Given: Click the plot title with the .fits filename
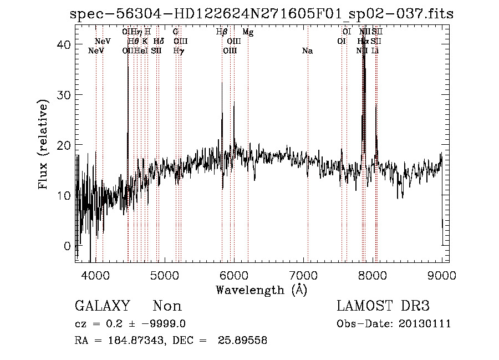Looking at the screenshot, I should [262, 14].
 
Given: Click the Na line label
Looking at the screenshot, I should [307, 51].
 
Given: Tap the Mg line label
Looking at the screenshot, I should [248, 32].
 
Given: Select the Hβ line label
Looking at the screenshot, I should [222, 32].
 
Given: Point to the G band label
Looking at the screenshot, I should [176, 32].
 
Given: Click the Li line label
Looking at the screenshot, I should [375, 51].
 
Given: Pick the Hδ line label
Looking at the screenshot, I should [159, 42].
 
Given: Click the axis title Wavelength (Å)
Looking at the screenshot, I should [261, 290].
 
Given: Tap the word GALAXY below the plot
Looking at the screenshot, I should [103, 306].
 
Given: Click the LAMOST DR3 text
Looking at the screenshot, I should [383, 306].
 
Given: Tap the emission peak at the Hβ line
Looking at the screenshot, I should [222, 83].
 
